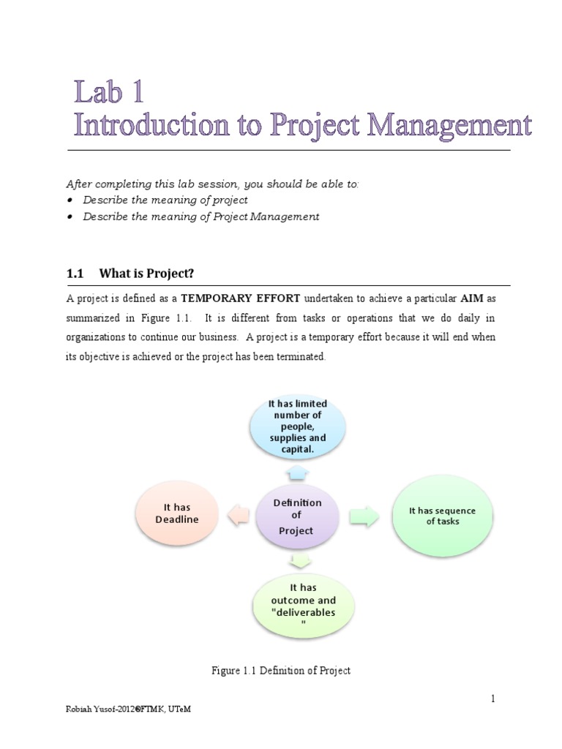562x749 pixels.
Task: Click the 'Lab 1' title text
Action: [110, 93]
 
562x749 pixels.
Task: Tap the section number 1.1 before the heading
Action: [76, 274]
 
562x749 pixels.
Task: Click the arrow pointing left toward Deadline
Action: [238, 516]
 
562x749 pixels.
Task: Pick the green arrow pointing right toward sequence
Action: [363, 516]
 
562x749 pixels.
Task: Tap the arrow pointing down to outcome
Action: [299, 561]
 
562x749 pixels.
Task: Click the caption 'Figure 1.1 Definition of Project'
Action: [280, 671]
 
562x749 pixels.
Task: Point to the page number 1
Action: [493, 699]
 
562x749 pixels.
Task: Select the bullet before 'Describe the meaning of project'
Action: [70, 200]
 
